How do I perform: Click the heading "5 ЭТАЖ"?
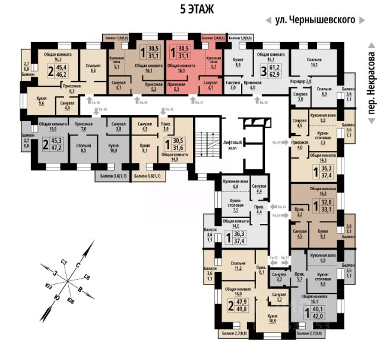point(197,10)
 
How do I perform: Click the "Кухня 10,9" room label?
point(273,318)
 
